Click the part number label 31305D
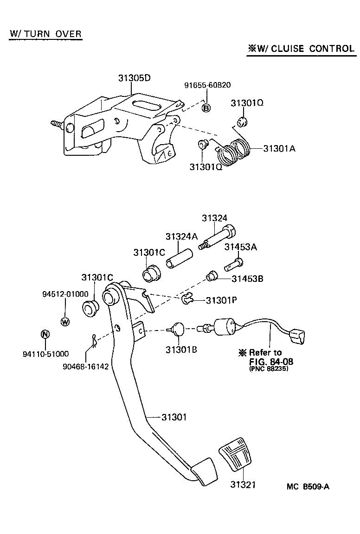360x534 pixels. pyautogui.click(x=134, y=78)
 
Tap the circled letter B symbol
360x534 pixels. pyautogui.click(x=206, y=108)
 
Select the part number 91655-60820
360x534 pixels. pyautogui.click(x=207, y=85)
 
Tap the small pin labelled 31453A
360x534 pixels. pyautogui.click(x=233, y=265)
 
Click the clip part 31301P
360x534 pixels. pyautogui.click(x=187, y=300)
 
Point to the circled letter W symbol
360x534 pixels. pyautogui.click(x=65, y=321)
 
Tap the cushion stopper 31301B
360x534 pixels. pyautogui.click(x=178, y=330)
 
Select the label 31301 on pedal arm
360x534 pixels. pyautogui.click(x=174, y=417)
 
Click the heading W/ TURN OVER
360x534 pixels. pyautogui.click(x=45, y=34)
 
